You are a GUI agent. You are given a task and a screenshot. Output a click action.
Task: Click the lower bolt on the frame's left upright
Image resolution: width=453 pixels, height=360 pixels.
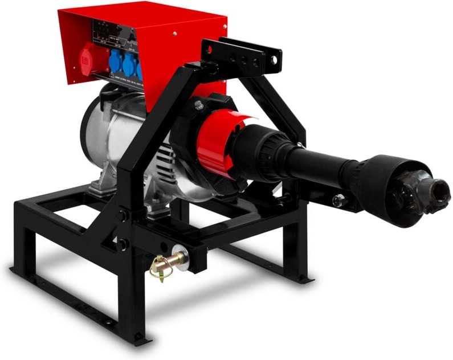123,244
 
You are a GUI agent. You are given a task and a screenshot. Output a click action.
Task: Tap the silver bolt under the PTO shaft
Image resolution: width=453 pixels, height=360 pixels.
338,200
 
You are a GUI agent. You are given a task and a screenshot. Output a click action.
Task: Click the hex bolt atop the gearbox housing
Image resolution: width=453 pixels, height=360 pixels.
199,105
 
